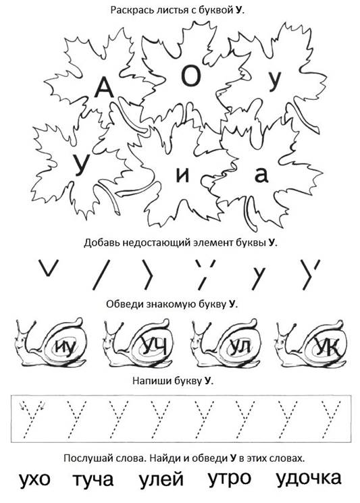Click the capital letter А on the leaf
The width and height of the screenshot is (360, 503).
pos(104,88)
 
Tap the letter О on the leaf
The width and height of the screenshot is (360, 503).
pos(191,76)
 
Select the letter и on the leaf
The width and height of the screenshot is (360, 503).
pos(182,175)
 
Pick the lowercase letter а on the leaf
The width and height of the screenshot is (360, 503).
pos(261,175)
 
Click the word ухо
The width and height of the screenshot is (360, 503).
pos(34,480)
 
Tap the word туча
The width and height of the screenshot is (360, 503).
pos(93,480)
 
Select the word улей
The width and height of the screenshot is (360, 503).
pos(161,479)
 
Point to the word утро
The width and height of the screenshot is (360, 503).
pos(230,479)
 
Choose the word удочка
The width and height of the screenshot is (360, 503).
pos(309,477)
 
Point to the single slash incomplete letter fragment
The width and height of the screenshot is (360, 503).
pos(101,275)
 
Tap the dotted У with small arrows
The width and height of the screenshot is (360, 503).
pos(32,419)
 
